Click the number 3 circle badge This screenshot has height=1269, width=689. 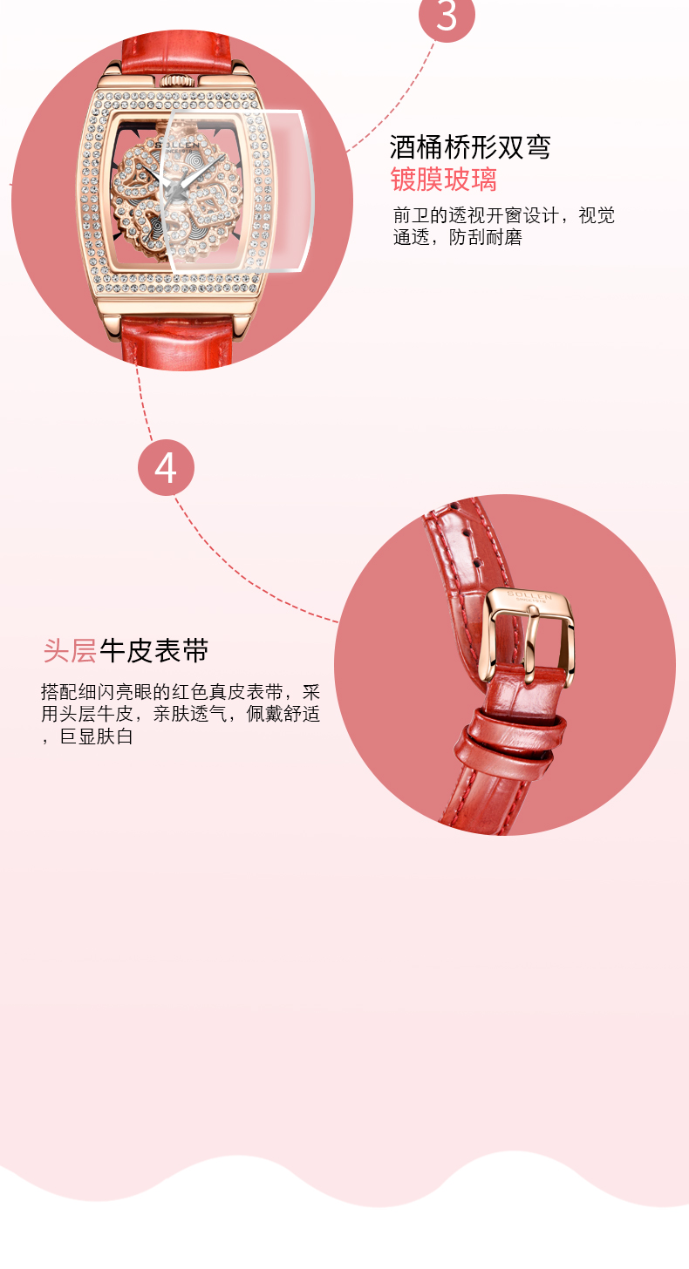point(447,16)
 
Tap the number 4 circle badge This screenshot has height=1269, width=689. point(166,468)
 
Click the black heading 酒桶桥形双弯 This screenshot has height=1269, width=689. point(470,147)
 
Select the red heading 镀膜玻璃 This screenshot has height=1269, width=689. point(443,180)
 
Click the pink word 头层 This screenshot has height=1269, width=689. point(70,650)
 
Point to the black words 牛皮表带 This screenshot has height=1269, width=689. point(153,650)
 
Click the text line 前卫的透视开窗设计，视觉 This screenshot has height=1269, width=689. point(504,215)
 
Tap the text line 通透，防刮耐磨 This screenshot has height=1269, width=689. point(458,237)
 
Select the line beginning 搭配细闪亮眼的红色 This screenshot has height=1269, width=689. point(181,692)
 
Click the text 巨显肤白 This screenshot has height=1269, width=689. point(97,736)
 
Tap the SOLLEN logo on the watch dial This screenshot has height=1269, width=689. point(177,145)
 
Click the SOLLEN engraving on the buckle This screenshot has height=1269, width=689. point(529,595)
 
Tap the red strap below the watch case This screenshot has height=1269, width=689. point(178,342)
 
